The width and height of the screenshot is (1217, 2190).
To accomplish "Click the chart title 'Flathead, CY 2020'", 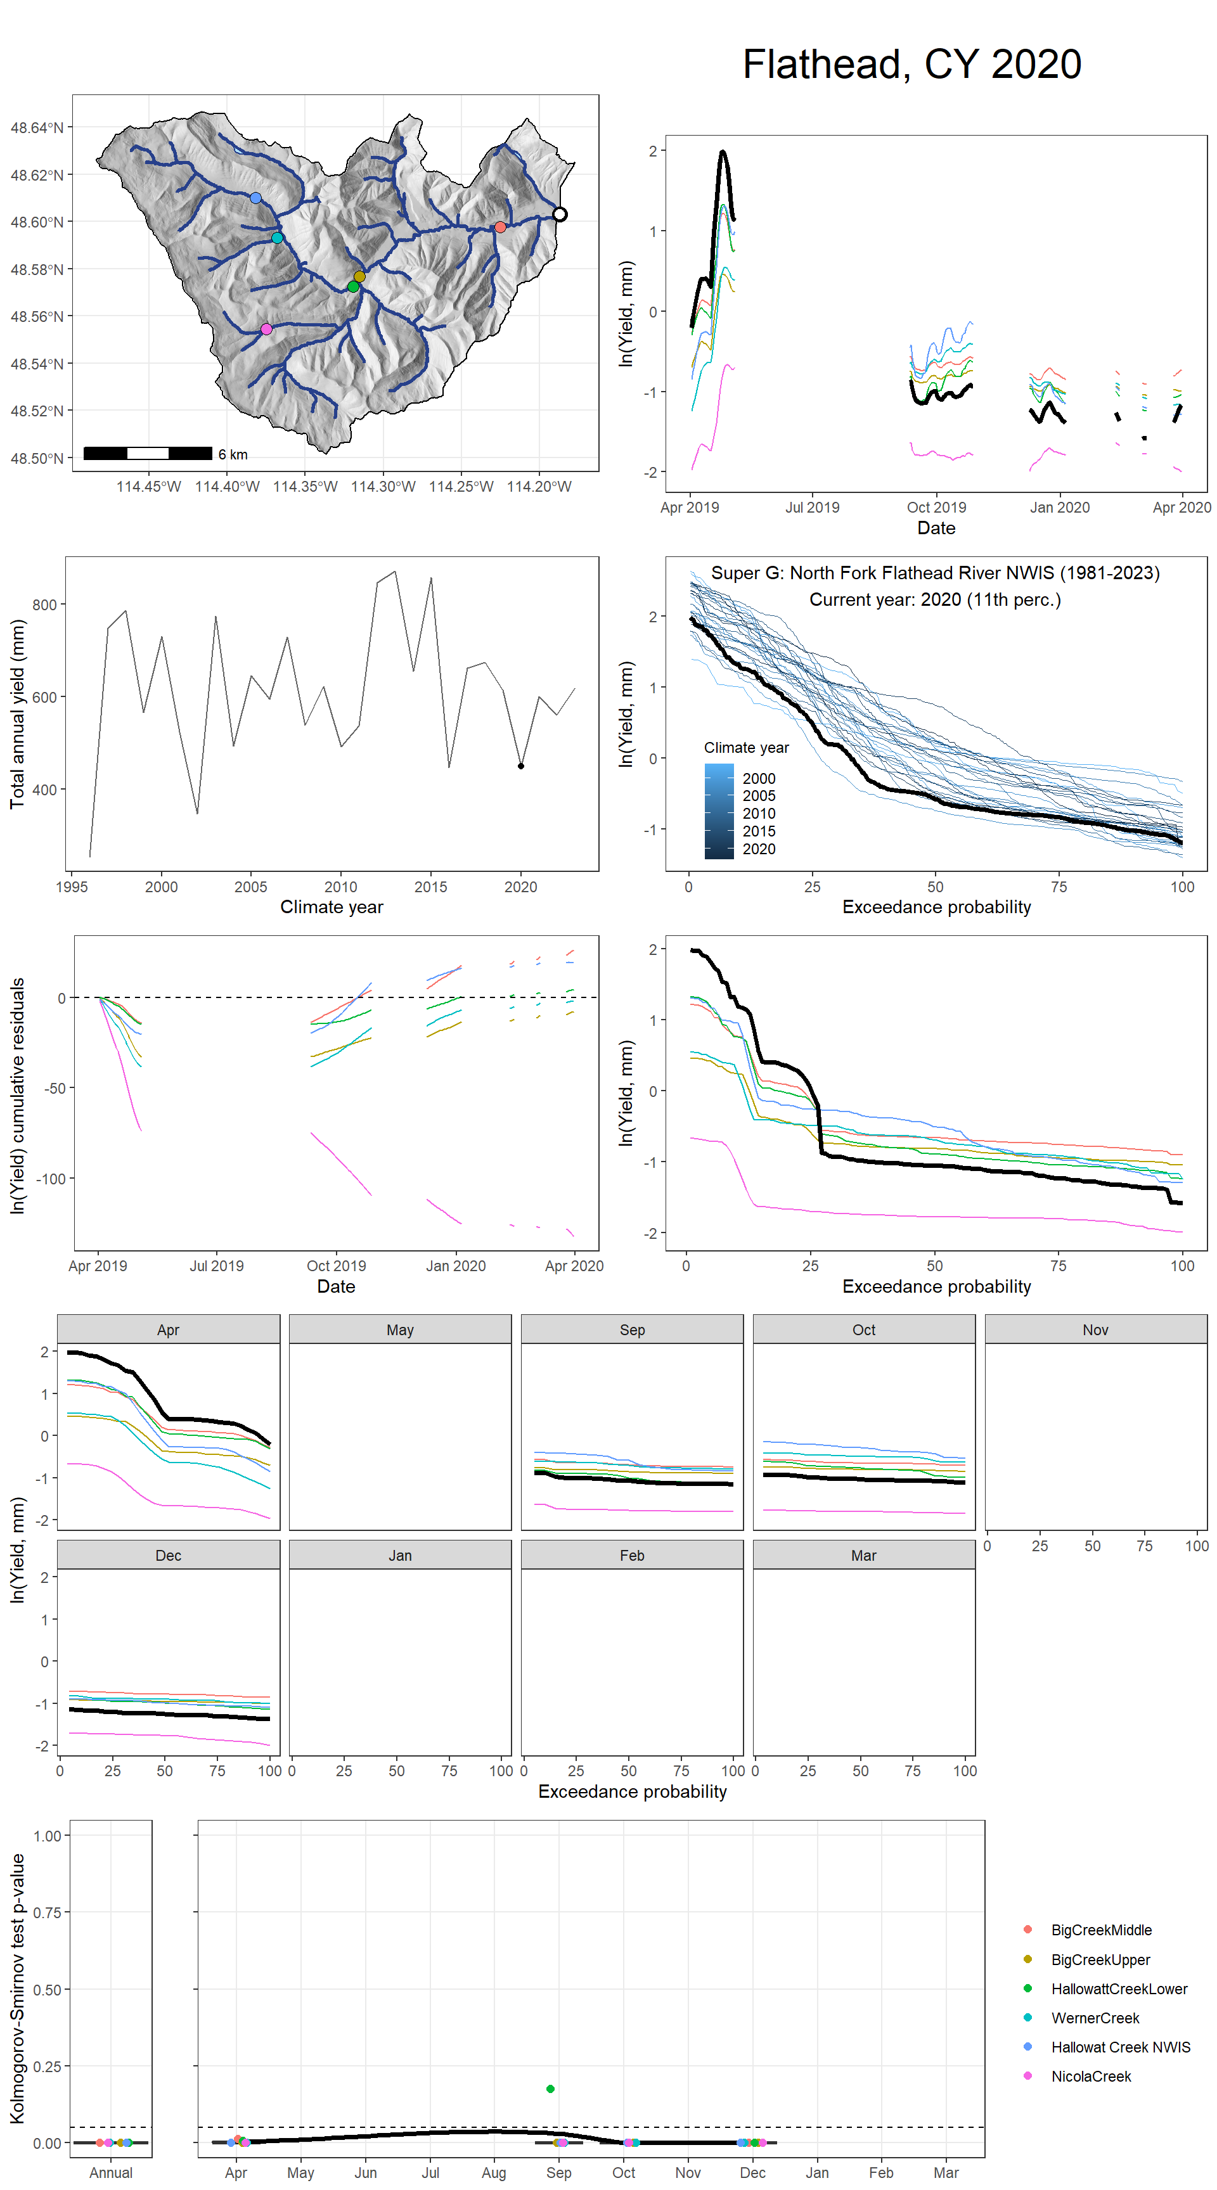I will point(911,65).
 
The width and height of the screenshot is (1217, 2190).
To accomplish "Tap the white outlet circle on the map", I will point(560,214).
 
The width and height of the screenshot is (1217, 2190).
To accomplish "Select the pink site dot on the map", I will point(266,329).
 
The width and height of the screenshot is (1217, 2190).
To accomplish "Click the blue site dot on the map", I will point(256,198).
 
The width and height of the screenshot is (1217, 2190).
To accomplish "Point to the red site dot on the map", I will point(500,227).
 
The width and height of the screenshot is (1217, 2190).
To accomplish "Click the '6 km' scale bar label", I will point(233,455).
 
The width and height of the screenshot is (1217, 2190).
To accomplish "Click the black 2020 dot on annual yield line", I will point(521,766).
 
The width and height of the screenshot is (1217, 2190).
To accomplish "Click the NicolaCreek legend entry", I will point(1090,2076).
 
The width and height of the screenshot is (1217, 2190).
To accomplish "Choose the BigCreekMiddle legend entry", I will point(1100,1930).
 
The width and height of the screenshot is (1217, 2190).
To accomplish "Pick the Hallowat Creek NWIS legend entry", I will point(1120,2047).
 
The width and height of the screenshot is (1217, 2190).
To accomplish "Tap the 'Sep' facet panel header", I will point(632,1329).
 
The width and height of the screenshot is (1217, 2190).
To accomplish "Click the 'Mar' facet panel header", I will point(863,1555).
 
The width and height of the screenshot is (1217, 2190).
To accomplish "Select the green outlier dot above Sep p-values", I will point(550,2088).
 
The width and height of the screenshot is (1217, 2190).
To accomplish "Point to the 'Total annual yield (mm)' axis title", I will point(17,714).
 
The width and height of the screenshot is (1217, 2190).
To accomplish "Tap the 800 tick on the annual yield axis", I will point(44,605).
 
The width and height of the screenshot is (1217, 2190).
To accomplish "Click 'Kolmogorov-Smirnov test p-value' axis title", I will point(17,1988).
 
